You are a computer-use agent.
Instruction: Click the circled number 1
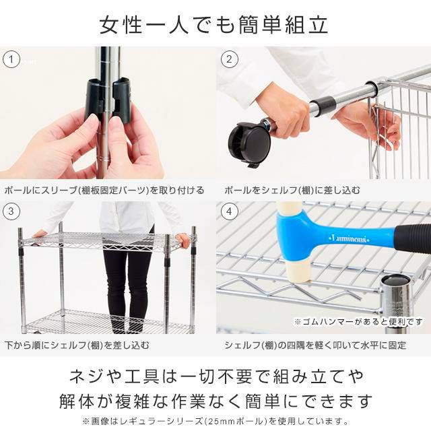click(11, 59)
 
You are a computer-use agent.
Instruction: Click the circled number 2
click(229, 59)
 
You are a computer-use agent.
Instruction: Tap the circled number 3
click(11, 211)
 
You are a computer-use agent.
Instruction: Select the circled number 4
click(229, 211)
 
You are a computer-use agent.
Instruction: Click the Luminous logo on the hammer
click(349, 238)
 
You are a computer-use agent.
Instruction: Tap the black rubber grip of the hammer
click(413, 238)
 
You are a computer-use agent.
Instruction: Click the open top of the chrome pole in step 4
click(395, 281)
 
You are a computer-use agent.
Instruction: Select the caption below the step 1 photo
click(104, 190)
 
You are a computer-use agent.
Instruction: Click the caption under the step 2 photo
click(292, 190)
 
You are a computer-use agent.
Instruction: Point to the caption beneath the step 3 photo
click(77, 345)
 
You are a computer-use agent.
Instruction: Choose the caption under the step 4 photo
click(315, 345)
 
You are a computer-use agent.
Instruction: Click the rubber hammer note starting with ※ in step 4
click(358, 322)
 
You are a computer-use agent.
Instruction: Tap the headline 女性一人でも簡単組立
click(213, 25)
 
